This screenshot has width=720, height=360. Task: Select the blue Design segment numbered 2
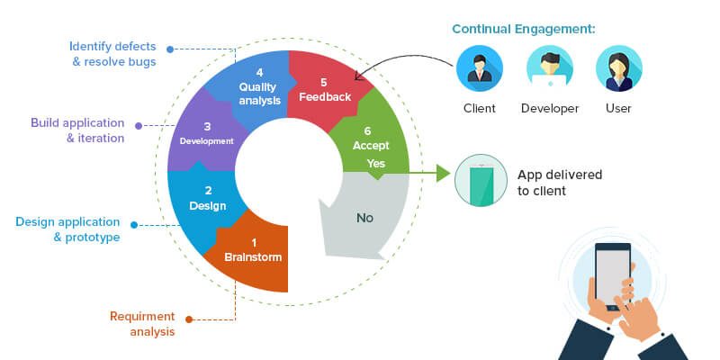(x=202, y=198)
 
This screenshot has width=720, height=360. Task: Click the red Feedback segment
(x=324, y=89)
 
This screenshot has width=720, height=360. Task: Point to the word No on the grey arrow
(x=364, y=217)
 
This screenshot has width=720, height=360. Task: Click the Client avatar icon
(x=479, y=70)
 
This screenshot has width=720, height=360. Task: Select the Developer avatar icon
(x=549, y=70)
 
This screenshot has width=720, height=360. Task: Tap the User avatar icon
(x=618, y=70)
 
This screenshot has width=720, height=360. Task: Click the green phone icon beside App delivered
(x=480, y=180)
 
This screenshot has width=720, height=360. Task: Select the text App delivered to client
(x=559, y=182)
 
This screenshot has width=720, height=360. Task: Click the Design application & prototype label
(x=67, y=229)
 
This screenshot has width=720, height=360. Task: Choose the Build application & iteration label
(x=77, y=130)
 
